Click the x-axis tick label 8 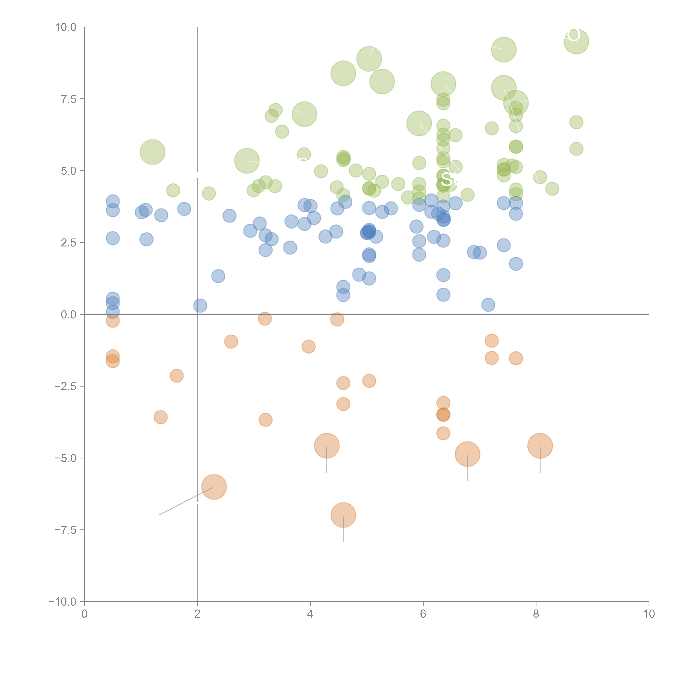click(x=536, y=614)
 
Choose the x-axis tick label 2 click(x=197, y=614)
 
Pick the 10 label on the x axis click(x=649, y=614)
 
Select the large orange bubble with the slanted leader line click(x=214, y=487)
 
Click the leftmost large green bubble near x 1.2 click(x=153, y=152)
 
